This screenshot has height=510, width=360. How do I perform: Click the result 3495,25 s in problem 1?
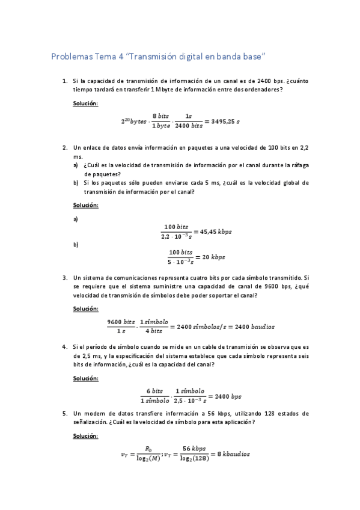coord(222,121)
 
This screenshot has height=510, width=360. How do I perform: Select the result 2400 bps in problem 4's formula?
coord(228,396)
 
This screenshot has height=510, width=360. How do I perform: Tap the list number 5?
coord(64,413)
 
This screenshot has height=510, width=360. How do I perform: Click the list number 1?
coord(64,80)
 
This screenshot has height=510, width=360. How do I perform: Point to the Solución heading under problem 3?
coord(85,309)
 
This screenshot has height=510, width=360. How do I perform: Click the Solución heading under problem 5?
coord(85,435)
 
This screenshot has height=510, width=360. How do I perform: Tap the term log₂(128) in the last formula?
coord(195,459)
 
